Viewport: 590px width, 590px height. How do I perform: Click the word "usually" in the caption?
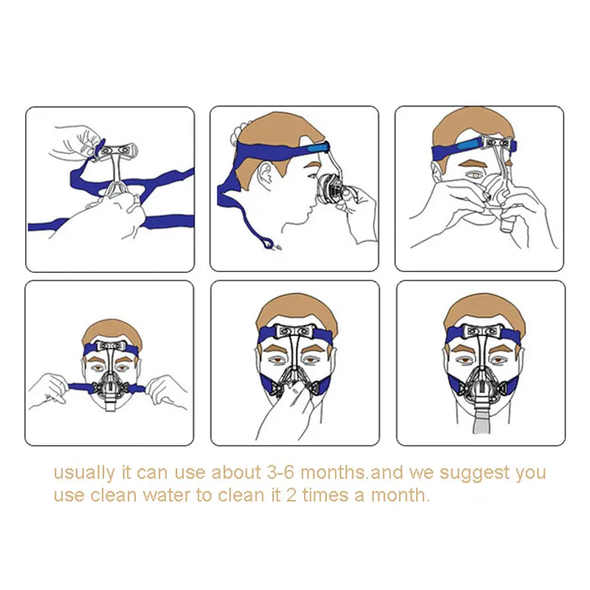pos(84,473)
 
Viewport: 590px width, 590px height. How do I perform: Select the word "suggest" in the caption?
pos(475,473)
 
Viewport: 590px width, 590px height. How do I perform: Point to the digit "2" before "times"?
pos(291,495)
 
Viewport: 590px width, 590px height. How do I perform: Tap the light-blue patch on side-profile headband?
pos(318,148)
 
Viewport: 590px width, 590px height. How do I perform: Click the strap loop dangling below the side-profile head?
pos(268,243)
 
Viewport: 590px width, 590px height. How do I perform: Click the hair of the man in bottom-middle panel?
pos(296,312)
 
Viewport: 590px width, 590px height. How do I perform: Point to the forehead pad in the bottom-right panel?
pos(482,331)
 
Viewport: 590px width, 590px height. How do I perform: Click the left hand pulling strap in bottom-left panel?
pos(49,392)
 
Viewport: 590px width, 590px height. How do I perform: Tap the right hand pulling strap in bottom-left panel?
pos(165,393)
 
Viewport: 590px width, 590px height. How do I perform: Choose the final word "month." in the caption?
pos(400,496)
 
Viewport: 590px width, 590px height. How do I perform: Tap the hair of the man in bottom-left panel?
pos(112,333)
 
